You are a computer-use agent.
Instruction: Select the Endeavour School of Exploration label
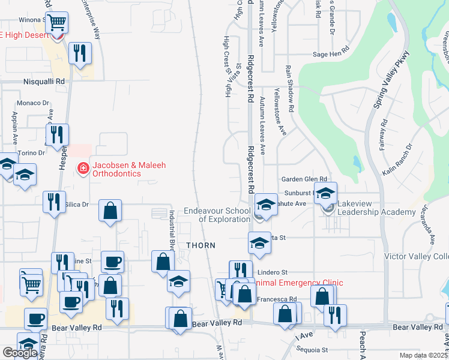pos(217,215)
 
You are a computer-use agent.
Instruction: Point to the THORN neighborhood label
pos(200,245)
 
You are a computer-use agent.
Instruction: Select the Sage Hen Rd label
pos(331,54)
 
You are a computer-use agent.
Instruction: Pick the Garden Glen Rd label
pos(304,179)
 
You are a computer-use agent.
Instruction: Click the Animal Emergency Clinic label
pos(298,283)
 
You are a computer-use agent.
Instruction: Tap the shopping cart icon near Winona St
pos(56,23)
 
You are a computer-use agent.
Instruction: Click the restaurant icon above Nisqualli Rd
pos(79,53)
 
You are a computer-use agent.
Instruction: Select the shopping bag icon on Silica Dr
pos(110,211)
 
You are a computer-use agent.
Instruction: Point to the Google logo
pos(20,352)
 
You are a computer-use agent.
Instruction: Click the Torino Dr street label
pos(32,153)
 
